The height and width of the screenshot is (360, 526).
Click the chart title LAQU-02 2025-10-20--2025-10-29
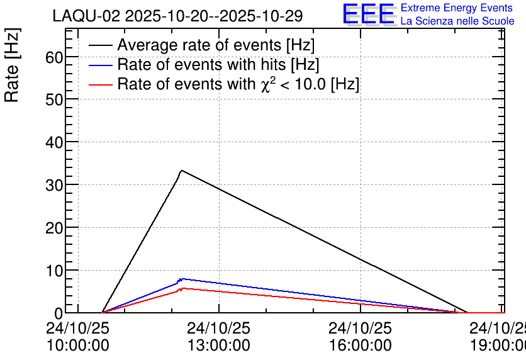(x=177, y=16)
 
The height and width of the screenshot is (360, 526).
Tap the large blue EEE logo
(x=369, y=14)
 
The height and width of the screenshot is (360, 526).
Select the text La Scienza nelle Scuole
(x=457, y=21)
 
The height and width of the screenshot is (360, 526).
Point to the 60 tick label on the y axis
(x=54, y=57)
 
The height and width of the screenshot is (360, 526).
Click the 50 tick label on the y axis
(x=54, y=99)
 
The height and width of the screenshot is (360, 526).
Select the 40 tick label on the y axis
(x=54, y=142)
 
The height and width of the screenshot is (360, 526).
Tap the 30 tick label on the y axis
(x=54, y=185)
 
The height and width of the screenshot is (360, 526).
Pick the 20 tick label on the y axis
(x=54, y=228)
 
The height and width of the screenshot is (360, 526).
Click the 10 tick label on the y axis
(x=54, y=271)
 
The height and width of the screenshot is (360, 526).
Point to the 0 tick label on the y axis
(x=59, y=313)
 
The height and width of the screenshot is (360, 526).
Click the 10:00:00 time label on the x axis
(x=77, y=346)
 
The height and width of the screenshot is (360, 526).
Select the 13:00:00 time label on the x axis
(x=218, y=346)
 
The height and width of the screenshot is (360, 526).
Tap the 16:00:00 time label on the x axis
(x=360, y=346)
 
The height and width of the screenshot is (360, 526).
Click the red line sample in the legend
(x=101, y=84)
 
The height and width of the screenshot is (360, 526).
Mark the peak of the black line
(x=181, y=171)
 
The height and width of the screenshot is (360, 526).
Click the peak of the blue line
(x=181, y=278)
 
